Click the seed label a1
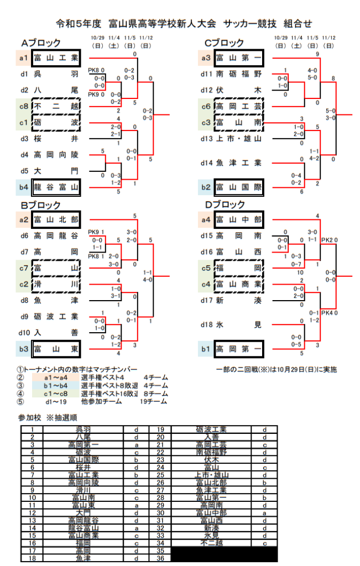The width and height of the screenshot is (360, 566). pyautogui.click(x=24, y=57)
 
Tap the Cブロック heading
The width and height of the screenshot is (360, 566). pyautogui.click(x=223, y=43)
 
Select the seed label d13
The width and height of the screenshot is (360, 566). pyautogui.click(x=206, y=138)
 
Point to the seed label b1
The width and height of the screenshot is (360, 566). pyautogui.click(x=206, y=349)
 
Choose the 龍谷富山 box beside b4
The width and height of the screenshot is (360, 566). pyautogui.click(x=56, y=188)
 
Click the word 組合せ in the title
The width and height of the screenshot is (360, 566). pyautogui.click(x=298, y=23)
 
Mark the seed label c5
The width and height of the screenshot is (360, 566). pyautogui.click(x=206, y=269)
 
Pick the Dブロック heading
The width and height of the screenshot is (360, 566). pyautogui.click(x=223, y=204)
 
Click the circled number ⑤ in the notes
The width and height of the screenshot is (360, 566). pyautogui.click(x=20, y=402)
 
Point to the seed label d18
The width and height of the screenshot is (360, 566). pyautogui.click(x=206, y=324)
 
